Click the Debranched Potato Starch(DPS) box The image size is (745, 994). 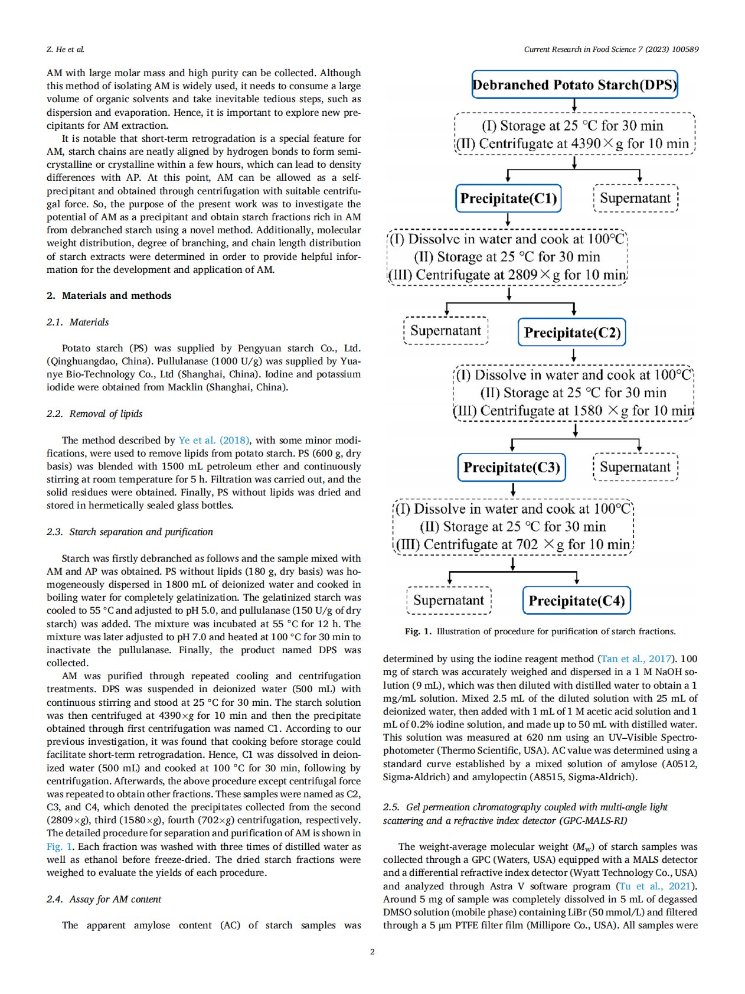point(574,84)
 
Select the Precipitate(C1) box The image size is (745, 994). point(508,198)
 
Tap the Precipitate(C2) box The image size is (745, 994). point(572,333)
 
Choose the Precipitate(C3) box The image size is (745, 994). point(511,467)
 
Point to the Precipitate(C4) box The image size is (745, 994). point(576,601)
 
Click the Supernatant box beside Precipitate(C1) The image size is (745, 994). point(635,198)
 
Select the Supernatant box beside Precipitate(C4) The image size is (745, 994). point(449,600)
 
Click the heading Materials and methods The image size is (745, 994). point(116,295)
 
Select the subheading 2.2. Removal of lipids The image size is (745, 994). point(94,413)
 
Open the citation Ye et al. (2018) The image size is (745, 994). point(214,440)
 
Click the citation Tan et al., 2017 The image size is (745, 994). point(636,659)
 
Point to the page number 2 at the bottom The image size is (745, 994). point(372,951)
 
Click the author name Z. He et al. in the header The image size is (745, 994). point(65,49)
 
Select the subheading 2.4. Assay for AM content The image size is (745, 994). point(103,899)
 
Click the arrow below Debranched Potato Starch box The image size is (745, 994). point(574,105)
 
